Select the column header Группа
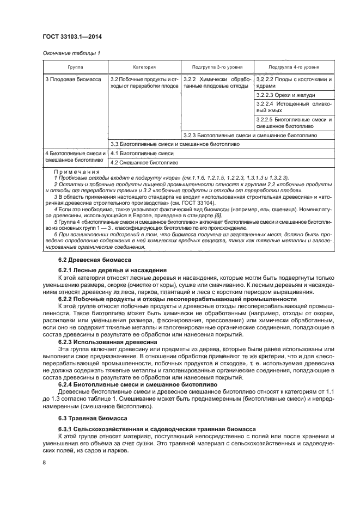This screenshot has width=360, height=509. click(76, 67)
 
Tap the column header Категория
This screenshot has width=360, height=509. click(144, 67)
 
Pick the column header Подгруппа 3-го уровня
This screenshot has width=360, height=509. click(216, 67)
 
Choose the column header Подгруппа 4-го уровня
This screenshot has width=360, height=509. click(294, 67)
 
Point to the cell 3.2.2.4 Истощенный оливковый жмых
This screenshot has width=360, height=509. click(294, 107)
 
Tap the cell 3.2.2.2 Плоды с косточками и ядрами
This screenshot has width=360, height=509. click(294, 83)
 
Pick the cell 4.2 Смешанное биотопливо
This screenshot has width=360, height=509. click(144, 162)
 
